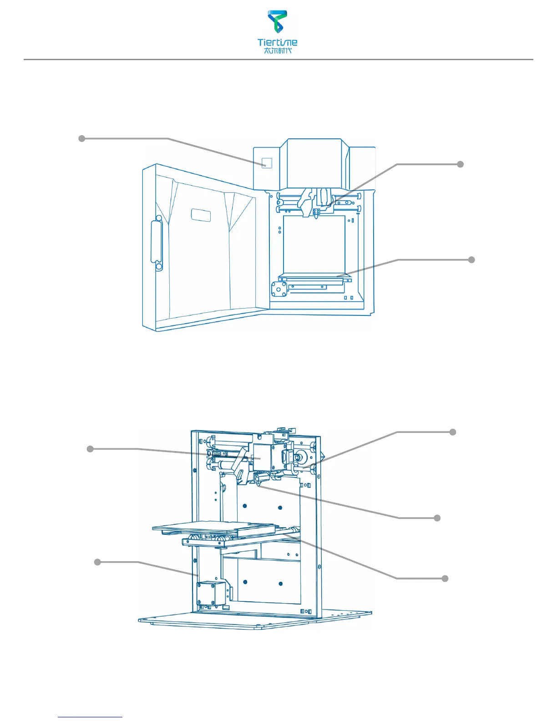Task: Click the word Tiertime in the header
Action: [277, 42]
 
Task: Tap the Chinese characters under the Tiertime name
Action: [277, 51]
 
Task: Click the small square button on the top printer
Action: [267, 163]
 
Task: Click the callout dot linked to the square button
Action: [82, 138]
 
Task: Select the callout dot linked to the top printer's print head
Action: [460, 164]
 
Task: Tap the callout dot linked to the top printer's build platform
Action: [471, 259]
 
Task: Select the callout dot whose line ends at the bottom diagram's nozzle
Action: [437, 518]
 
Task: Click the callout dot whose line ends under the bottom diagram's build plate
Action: [445, 578]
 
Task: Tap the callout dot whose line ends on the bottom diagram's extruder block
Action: [90, 449]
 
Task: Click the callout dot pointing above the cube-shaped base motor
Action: [97, 562]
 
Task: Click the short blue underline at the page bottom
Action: [90, 717]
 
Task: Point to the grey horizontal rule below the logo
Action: [278, 59]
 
